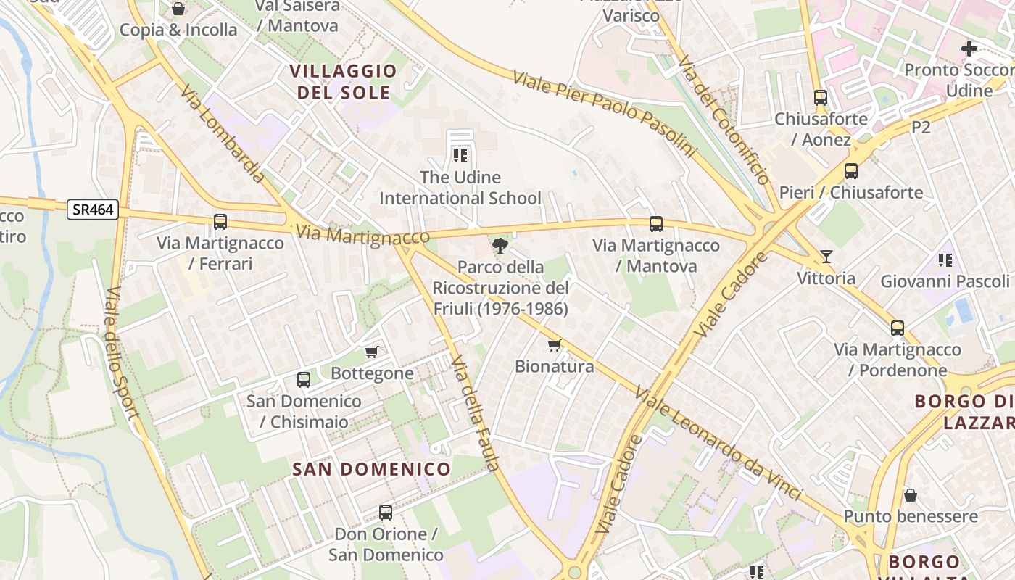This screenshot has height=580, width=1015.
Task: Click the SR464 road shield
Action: [x=93, y=210]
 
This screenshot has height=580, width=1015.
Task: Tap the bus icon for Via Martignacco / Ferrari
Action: [x=220, y=222]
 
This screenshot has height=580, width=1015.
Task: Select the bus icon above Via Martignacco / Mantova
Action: [x=656, y=224]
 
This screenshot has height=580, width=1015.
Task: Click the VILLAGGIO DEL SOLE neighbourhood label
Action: [x=344, y=82]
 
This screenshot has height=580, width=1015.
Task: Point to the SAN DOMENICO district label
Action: [x=371, y=469]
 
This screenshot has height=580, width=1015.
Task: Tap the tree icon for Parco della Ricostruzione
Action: [x=500, y=246]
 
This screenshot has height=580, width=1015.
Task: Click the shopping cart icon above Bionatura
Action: [x=555, y=345]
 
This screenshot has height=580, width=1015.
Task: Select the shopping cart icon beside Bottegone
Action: [x=372, y=352]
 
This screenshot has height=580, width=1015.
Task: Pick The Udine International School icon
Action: [x=460, y=156]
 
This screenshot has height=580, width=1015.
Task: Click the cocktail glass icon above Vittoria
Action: [x=826, y=257]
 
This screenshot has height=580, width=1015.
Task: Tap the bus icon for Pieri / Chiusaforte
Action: [x=851, y=172]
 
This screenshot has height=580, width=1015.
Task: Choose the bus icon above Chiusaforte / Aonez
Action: [x=821, y=98]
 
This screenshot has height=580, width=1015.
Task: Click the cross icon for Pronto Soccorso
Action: [x=969, y=49]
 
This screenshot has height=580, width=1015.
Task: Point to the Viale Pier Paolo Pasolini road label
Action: [x=603, y=115]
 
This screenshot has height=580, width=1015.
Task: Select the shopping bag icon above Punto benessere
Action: [x=911, y=495]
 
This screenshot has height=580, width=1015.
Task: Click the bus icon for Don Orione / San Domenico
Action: [x=386, y=513]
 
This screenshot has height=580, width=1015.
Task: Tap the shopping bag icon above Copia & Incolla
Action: [x=178, y=9]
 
